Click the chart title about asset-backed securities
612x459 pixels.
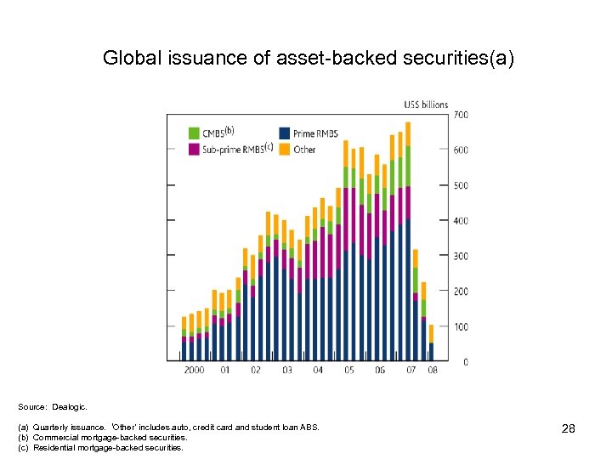(308, 58)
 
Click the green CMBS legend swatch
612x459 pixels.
(195, 133)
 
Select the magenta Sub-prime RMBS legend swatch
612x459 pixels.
(195, 150)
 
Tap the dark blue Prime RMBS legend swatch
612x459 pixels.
(285, 133)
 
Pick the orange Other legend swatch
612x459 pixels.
(285, 150)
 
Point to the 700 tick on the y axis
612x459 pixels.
(460, 115)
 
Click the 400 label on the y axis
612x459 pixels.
(460, 221)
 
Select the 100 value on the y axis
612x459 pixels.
(460, 326)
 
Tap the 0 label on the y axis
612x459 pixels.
(464, 362)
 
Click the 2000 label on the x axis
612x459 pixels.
(195, 370)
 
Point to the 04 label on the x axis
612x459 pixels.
(318, 370)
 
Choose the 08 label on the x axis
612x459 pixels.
(433, 370)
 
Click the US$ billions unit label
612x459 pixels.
(425, 105)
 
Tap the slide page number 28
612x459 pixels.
(569, 429)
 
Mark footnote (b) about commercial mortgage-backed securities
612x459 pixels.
(110, 437)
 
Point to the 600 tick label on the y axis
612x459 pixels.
(460, 150)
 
